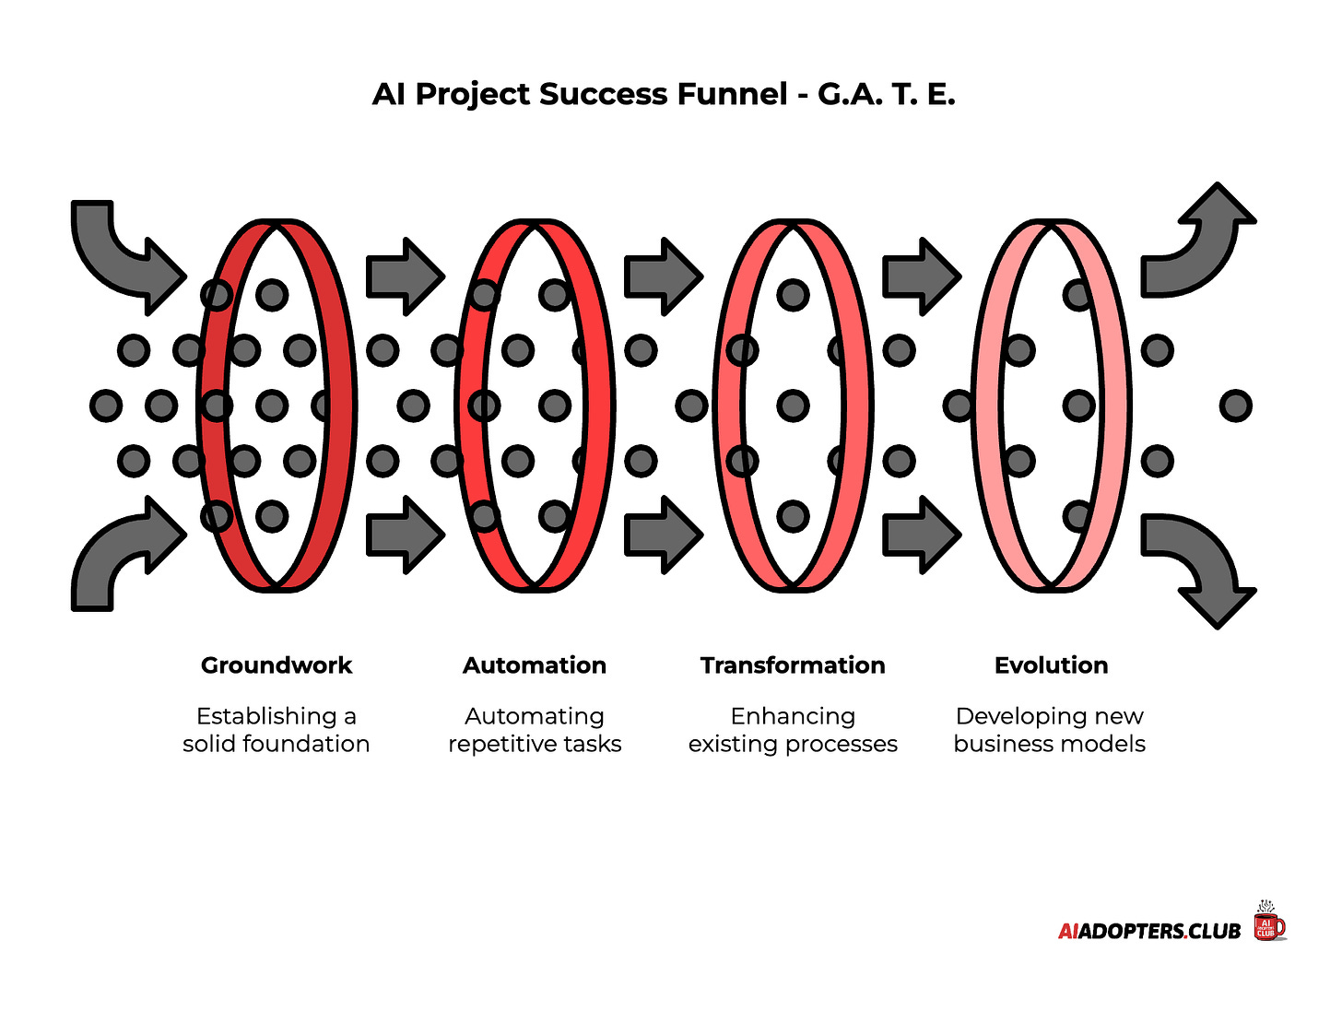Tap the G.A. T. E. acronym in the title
point(886,94)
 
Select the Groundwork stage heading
point(277,665)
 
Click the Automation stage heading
point(535,665)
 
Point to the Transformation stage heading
point(793,665)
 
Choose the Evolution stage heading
point(1051,665)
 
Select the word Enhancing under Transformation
point(793,716)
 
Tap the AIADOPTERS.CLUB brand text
point(1149,931)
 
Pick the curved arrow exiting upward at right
point(1198,244)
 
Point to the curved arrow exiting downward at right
point(1198,567)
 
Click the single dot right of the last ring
point(1235,406)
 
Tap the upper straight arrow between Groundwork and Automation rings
point(404,276)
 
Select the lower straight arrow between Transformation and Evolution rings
point(920,535)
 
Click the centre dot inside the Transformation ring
point(793,406)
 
